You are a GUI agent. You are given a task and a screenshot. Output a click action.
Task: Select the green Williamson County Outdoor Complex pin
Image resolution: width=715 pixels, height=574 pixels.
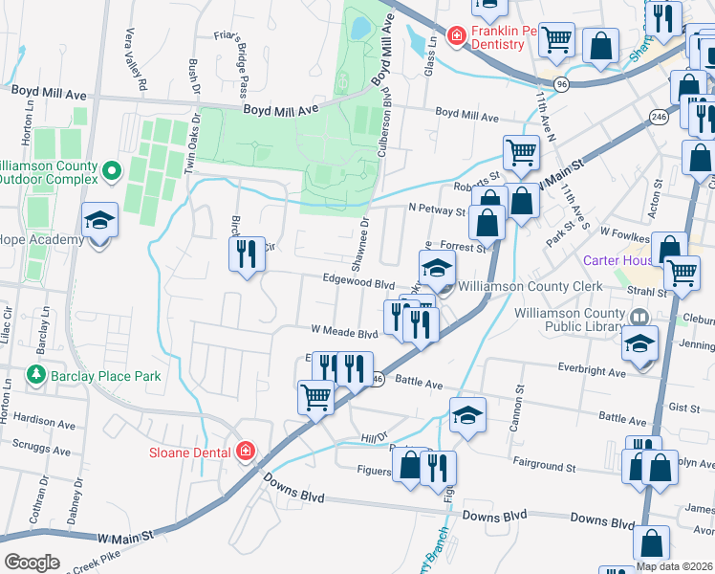coord(112,171)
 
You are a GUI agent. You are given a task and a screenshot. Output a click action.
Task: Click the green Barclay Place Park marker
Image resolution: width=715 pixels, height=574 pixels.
coord(36,374)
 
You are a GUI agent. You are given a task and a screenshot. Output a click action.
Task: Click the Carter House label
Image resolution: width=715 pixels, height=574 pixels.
coord(616,260)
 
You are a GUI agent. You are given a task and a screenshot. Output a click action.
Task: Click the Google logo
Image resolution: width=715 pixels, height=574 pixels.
coord(32,562)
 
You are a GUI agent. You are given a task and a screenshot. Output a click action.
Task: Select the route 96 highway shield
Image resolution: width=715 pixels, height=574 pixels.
coord(562,84)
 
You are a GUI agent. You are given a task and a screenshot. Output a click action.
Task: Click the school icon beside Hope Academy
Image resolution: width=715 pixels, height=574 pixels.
coord(99,223)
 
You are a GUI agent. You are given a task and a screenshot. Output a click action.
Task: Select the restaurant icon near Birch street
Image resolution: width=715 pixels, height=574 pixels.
coord(247,254)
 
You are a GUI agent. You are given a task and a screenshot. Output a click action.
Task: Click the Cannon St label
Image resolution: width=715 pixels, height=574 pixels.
coord(521,407)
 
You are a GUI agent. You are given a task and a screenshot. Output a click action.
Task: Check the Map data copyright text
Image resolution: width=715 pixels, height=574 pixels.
coord(675,566)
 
